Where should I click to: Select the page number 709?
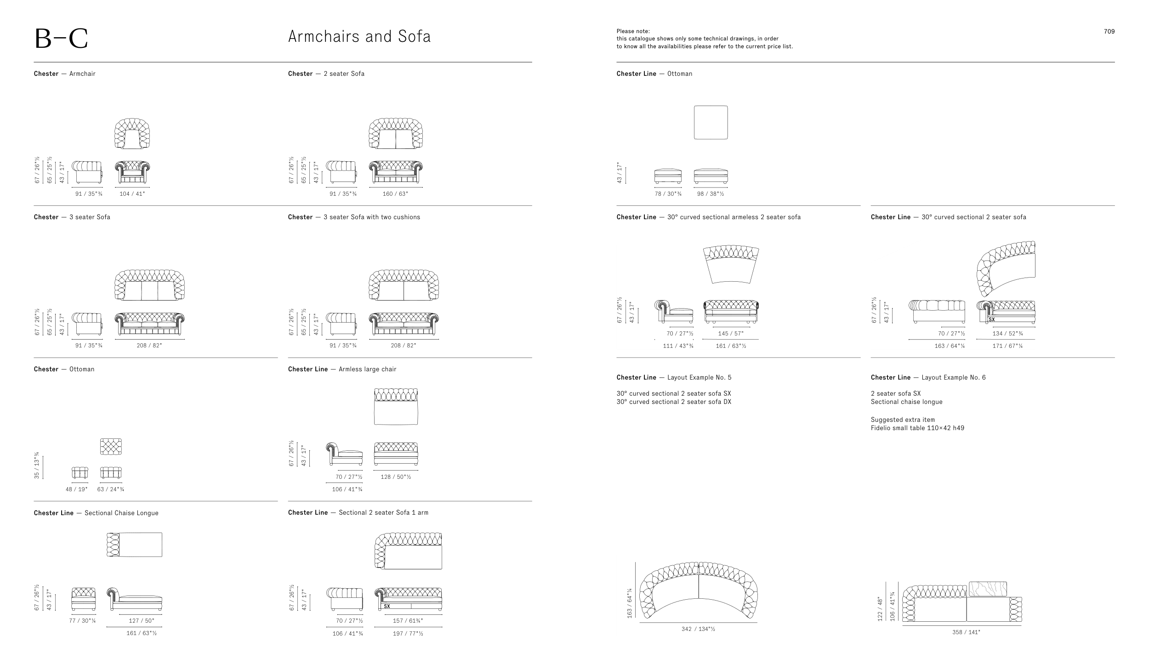[1109, 32]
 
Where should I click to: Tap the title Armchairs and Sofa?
[359, 36]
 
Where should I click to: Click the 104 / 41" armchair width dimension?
[132, 194]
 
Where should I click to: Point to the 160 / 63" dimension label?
[395, 194]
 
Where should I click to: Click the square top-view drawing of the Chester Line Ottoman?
[711, 122]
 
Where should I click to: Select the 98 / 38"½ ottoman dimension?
[711, 194]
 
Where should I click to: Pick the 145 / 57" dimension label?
[731, 334]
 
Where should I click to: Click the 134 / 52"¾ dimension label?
[1007, 334]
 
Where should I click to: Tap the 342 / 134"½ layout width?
[698, 629]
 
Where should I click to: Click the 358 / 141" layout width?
[966, 632]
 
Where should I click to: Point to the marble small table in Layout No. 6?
[988, 589]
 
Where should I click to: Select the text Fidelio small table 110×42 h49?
[917, 428]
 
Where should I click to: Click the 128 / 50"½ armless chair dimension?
[396, 477]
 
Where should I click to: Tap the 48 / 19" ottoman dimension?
[76, 489]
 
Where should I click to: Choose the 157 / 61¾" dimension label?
[408, 621]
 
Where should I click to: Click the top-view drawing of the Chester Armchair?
[132, 133]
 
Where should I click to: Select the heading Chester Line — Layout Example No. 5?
[674, 378]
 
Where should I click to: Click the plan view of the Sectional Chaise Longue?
[134, 545]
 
